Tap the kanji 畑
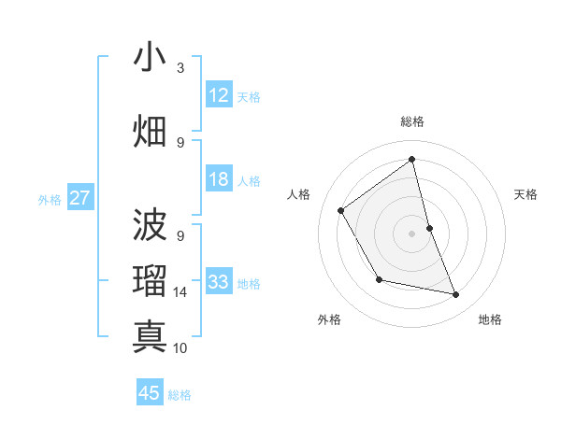(150, 130)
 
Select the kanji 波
(150, 224)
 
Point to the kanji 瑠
(150, 280)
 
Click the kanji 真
(150, 336)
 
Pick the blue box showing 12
(218, 95)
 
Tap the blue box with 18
(218, 179)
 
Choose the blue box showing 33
(218, 282)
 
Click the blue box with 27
(80, 198)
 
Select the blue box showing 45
(150, 393)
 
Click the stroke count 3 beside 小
(180, 68)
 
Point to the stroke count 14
(180, 292)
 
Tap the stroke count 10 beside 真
(180, 348)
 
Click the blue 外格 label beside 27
(50, 199)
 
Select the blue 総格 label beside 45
(180, 394)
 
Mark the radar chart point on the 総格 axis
(411, 160)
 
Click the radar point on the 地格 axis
(456, 295)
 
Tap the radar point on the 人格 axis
(341, 210)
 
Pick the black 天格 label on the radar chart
(525, 194)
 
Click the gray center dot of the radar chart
(411, 233)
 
